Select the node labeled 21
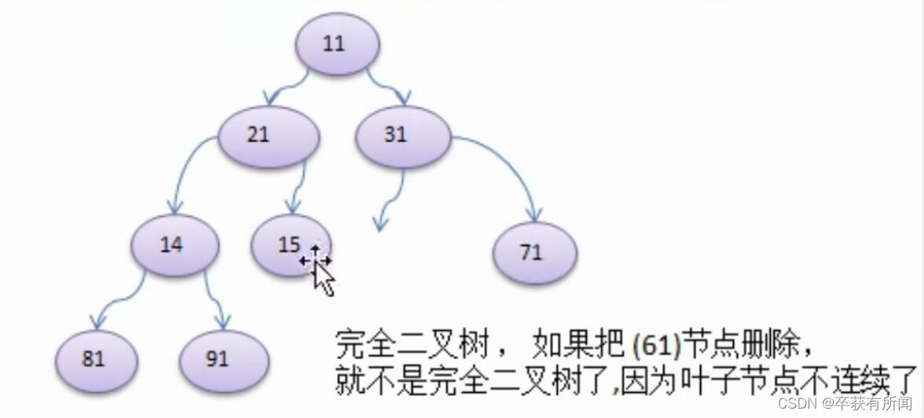pos(268,135)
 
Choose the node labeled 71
pos(535,253)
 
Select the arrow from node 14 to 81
pos(114,302)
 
